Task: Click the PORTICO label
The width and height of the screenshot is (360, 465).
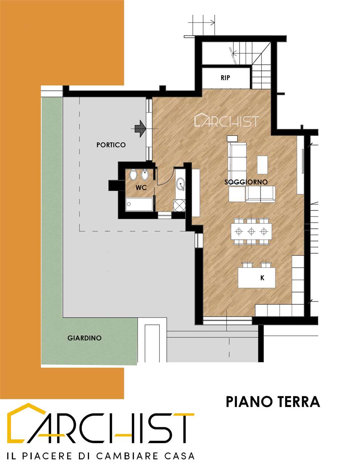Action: click(111, 145)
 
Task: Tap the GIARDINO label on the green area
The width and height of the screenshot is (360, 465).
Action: click(84, 338)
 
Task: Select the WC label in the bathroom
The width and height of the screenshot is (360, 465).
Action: click(141, 188)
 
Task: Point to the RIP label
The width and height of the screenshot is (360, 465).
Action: click(225, 78)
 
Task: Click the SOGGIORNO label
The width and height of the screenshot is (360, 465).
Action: click(246, 182)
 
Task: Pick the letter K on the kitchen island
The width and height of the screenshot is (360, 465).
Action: click(262, 278)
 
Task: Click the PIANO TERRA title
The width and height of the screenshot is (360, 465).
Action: click(273, 402)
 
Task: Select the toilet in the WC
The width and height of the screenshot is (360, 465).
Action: click(133, 175)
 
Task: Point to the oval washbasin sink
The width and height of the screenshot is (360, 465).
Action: click(181, 184)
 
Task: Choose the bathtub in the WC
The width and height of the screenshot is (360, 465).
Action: click(139, 205)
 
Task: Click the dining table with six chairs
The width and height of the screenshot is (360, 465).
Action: click(251, 231)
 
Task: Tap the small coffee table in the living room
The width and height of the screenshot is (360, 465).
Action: click(262, 165)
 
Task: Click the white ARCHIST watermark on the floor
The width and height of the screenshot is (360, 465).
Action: click(227, 120)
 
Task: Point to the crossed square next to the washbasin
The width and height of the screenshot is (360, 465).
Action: click(179, 205)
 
